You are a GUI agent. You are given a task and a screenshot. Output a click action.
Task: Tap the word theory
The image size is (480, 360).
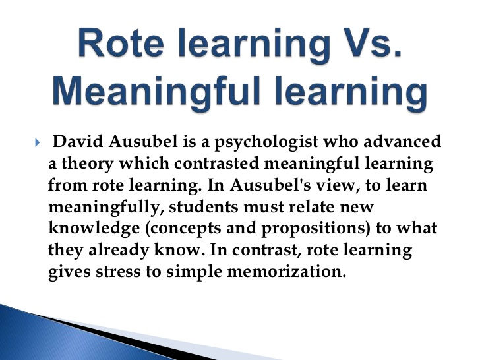point(84,164)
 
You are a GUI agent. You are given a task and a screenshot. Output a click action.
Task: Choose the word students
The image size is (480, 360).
point(204,208)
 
